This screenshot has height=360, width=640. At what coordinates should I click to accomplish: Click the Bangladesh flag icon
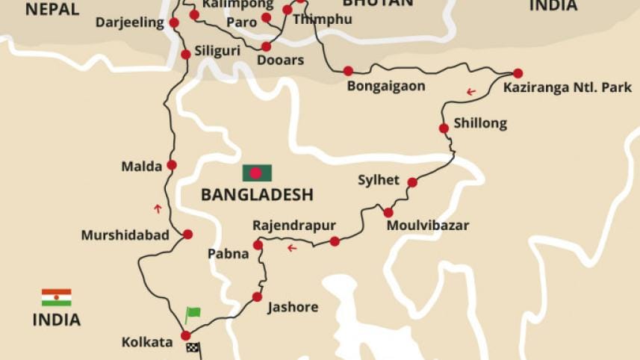[256, 173]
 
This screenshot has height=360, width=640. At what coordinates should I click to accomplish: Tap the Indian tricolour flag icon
[56, 297]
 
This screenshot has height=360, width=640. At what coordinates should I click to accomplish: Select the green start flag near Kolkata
[193, 314]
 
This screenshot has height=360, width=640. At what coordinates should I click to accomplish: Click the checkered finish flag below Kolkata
[193, 348]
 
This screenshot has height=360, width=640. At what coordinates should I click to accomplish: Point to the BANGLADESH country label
[256, 196]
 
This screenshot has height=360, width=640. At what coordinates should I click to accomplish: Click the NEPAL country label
[52, 8]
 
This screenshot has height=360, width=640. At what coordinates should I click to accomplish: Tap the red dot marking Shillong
[444, 128]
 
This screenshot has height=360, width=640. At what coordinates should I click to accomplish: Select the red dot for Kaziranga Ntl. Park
[518, 73]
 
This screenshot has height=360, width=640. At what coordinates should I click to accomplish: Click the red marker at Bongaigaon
[348, 71]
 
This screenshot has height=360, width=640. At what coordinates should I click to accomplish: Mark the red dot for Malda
[172, 165]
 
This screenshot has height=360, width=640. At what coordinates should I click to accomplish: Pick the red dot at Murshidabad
[187, 234]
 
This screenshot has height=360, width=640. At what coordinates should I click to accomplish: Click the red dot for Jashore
[257, 297]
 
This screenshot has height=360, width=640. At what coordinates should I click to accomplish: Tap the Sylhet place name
[378, 181]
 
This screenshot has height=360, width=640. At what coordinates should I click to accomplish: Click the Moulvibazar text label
[428, 225]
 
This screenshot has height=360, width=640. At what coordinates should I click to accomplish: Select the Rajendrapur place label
[293, 225]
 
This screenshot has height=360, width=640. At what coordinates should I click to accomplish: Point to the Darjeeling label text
[129, 22]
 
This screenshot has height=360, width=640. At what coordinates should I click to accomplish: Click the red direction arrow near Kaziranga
[470, 92]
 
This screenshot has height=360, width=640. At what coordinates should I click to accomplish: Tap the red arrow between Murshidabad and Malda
[158, 208]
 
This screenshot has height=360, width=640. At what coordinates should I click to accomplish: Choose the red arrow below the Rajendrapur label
[292, 248]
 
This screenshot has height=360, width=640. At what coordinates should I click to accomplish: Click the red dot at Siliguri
[186, 55]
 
